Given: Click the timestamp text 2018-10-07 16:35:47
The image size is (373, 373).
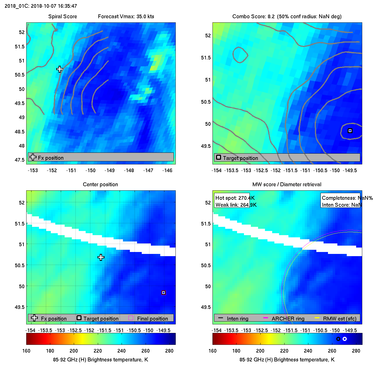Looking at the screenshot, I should pos(54,6).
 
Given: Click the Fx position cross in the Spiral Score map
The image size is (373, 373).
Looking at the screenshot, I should pos(59,69).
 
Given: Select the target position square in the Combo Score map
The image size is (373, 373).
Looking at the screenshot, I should pos(350,131).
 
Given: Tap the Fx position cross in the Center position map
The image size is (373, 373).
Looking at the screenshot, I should pos(101,258).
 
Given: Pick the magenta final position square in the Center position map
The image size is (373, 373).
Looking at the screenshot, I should pos(164,293).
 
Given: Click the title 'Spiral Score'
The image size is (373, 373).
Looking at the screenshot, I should pos(62,17).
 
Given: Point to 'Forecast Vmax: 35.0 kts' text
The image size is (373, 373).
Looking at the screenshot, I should pos(126,17).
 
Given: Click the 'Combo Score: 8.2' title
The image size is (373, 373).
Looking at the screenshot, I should pos(253,17).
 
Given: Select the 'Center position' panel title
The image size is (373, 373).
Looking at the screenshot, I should pos(100,185).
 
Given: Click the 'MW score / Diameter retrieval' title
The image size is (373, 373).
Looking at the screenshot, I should pos(287,185).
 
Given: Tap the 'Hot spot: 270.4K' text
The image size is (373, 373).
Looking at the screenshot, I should pos(235,198).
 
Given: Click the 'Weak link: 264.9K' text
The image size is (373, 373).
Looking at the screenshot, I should pos(236,205).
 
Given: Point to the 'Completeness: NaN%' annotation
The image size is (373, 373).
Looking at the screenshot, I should pos(347,198).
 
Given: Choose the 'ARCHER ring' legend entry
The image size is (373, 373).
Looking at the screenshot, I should pos(288,319).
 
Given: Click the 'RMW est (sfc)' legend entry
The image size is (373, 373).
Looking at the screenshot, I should pos(340,319).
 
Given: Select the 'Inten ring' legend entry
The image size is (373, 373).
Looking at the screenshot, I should pos(237,319).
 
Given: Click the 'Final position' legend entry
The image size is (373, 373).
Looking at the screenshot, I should pos(152,319).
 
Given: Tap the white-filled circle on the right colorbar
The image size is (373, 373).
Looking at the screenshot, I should pos(345,339).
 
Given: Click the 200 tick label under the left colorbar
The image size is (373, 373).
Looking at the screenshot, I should pos(74,351).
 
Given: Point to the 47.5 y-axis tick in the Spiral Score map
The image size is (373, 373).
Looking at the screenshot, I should pos(20,160).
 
